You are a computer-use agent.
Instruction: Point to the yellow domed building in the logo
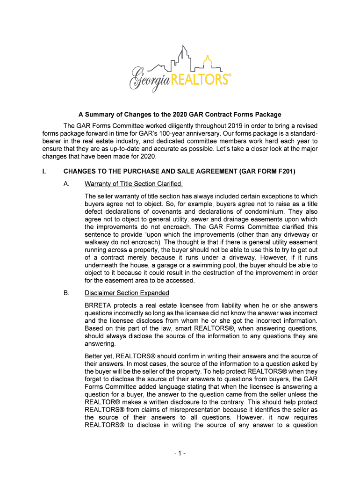[207, 61]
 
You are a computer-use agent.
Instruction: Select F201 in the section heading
[285, 172]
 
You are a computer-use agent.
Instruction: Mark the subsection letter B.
[66, 293]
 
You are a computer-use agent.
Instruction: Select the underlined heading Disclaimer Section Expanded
[127, 293]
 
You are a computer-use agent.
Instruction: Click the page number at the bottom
[180, 453]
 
